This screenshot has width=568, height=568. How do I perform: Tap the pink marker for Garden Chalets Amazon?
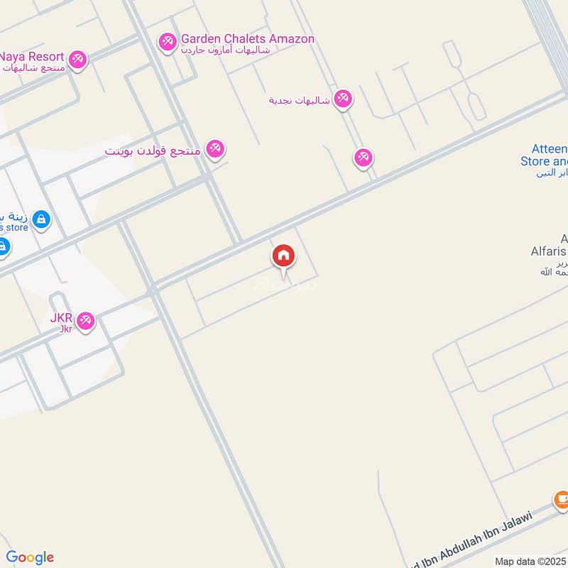(168, 43)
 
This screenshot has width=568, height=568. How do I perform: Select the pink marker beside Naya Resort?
(78, 60)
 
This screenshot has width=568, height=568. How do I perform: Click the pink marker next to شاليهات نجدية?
(343, 99)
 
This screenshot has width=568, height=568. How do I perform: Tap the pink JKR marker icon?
(86, 322)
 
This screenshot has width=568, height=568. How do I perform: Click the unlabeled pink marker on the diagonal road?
(364, 158)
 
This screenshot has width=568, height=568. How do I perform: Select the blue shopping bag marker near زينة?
(41, 219)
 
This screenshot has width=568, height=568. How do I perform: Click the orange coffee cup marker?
(562, 501)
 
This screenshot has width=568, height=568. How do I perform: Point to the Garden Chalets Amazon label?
(247, 39)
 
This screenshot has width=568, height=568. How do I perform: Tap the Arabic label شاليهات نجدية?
(300, 100)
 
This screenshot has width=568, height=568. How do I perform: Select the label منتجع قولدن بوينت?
(153, 151)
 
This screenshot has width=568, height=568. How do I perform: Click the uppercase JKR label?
(62, 317)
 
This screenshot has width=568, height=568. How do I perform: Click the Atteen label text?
(551, 150)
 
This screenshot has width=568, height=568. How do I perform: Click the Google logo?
(30, 557)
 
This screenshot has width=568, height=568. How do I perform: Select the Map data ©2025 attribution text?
(530, 561)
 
